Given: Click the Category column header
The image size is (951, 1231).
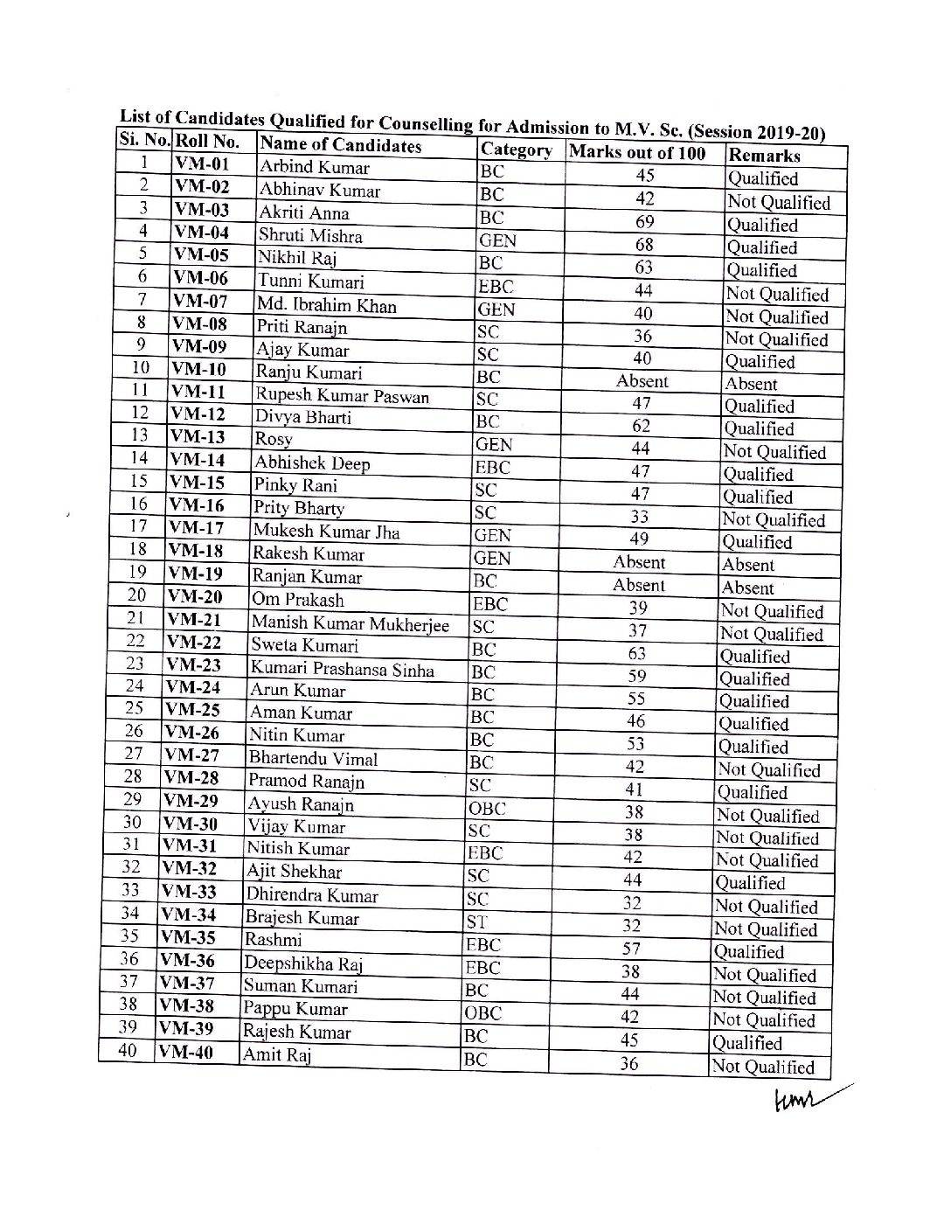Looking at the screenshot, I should pyautogui.click(x=516, y=150).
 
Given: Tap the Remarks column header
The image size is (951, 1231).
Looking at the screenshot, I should pyautogui.click(x=764, y=156).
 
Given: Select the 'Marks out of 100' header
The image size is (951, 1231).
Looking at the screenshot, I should pyautogui.click(x=636, y=152).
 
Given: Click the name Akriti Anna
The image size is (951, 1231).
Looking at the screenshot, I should pyautogui.click(x=303, y=212).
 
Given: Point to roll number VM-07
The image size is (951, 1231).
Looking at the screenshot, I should pyautogui.click(x=200, y=302).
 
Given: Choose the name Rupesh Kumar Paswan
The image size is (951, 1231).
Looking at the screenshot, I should pyautogui.click(x=342, y=396).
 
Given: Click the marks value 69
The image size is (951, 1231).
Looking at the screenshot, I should pyautogui.click(x=644, y=222).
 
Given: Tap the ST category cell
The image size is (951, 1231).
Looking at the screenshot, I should pyautogui.click(x=476, y=922).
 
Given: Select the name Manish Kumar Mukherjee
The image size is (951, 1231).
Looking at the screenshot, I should pyautogui.click(x=350, y=623).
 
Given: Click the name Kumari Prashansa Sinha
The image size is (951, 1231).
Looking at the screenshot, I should pyautogui.click(x=342, y=669).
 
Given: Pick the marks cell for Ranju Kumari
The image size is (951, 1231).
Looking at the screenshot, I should pyautogui.click(x=642, y=381).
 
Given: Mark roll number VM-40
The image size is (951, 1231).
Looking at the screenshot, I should pyautogui.click(x=185, y=1052).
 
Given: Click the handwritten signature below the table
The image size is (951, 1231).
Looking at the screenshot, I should pyautogui.click(x=809, y=1100).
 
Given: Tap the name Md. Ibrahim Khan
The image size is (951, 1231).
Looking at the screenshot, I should pyautogui.click(x=326, y=305).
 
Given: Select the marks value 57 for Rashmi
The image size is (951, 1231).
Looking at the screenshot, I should pyautogui.click(x=631, y=949).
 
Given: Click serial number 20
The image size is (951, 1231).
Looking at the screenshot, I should pyautogui.click(x=137, y=595).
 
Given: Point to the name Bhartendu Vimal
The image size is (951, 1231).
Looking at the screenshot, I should pyautogui.click(x=313, y=758).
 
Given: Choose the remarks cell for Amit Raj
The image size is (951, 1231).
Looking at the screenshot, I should pyautogui.click(x=762, y=1067).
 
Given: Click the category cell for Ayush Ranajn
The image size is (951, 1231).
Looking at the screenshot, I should pyautogui.click(x=487, y=809).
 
